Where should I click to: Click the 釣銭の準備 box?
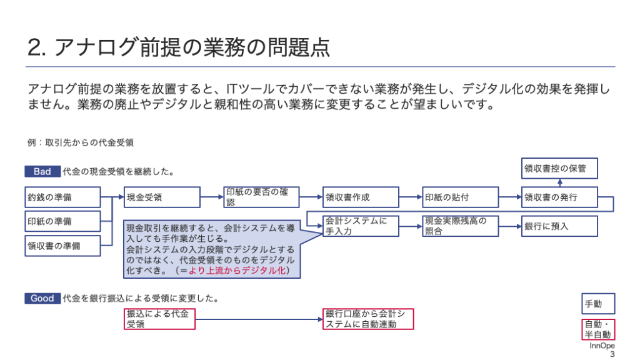click(x=63, y=197)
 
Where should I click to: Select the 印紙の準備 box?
click(x=63, y=221)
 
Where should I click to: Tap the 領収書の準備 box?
click(x=63, y=246)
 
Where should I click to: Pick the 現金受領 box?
click(x=162, y=197)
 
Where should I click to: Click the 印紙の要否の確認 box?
click(x=262, y=197)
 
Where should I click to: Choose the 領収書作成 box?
click(x=361, y=197)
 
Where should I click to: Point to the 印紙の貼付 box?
click(x=461, y=197)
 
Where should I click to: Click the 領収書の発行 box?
click(x=559, y=197)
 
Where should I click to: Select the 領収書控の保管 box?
click(x=559, y=168)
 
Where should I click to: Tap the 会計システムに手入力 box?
click(x=361, y=226)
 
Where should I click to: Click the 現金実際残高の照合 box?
click(x=461, y=226)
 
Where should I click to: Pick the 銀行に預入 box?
click(x=559, y=226)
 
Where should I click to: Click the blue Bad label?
click(x=42, y=171)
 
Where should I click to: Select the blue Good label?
click(x=42, y=298)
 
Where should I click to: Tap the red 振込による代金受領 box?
click(x=159, y=319)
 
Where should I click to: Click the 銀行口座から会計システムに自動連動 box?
click(x=368, y=319)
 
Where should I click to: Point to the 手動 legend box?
click(x=598, y=304)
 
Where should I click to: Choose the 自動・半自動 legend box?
click(x=598, y=329)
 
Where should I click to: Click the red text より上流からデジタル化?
click(x=237, y=271)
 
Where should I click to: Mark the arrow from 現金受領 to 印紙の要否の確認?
click(x=212, y=197)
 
